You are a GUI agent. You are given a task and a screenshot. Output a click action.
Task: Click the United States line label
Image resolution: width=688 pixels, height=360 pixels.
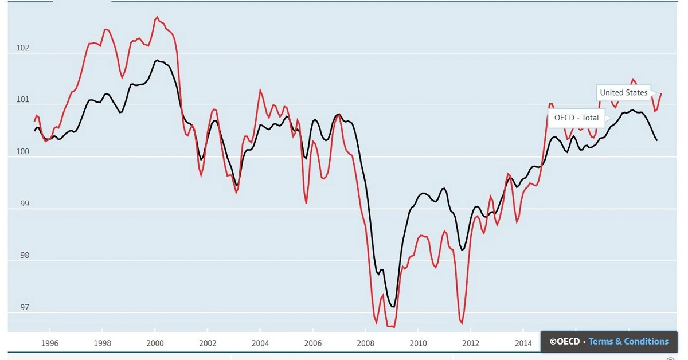[x=624, y=92]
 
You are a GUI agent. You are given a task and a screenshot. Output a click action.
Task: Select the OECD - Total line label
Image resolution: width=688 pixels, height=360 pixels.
[x=576, y=118]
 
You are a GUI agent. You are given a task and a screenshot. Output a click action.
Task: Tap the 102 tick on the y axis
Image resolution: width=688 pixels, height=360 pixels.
[x=23, y=48]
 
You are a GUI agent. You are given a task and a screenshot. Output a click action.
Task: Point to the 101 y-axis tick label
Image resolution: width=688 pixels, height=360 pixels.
[x=23, y=100]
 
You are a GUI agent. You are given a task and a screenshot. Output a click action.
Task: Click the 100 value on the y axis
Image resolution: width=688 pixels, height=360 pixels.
[x=23, y=152]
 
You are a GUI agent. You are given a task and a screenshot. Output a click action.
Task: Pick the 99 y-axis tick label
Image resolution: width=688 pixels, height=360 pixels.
[x=23, y=204]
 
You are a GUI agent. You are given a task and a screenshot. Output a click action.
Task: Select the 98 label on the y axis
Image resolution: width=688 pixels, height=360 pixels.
[x=23, y=256]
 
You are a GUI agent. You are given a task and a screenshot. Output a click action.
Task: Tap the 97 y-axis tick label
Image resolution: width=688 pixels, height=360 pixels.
[x=23, y=307]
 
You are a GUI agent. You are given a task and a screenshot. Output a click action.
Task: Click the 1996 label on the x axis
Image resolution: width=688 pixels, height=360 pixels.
[x=50, y=343]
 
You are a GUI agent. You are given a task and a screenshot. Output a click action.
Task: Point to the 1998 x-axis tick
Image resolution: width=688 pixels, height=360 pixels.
[x=102, y=343]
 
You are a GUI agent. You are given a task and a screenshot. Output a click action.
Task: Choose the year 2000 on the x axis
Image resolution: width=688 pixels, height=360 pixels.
[x=155, y=343]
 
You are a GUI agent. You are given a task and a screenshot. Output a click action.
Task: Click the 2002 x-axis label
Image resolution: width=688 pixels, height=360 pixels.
[x=208, y=343]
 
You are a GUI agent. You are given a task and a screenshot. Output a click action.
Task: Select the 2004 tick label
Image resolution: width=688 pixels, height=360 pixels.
[x=260, y=343]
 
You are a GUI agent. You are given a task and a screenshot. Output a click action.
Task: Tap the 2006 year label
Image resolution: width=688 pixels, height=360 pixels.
[x=313, y=343]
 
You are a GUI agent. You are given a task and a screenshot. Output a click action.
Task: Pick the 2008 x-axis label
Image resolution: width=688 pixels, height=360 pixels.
[x=365, y=343]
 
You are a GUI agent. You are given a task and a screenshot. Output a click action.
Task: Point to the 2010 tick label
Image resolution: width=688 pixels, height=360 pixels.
[x=418, y=343]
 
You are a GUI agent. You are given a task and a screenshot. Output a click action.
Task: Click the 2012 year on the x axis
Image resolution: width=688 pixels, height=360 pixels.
[x=471, y=343]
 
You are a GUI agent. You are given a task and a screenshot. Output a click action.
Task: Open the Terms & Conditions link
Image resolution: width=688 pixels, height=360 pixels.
[x=628, y=342]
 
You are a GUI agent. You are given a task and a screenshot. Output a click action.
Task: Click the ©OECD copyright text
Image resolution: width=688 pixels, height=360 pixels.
[x=564, y=342]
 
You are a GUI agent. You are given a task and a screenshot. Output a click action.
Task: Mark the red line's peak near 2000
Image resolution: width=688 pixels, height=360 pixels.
[x=157, y=18]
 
